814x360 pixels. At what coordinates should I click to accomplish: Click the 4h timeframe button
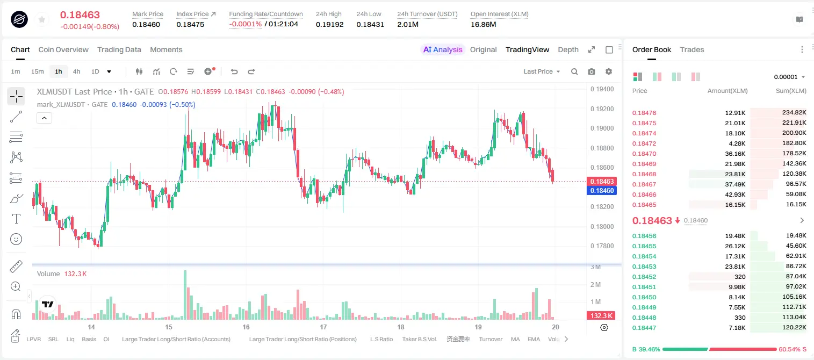(x=76, y=71)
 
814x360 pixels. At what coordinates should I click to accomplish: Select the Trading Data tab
(x=119, y=50)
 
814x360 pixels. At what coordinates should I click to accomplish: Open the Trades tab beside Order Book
(x=692, y=50)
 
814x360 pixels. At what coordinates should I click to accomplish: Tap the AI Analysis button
(x=443, y=50)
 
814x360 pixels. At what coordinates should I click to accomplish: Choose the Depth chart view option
(x=568, y=50)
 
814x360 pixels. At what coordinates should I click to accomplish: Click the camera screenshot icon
(x=592, y=71)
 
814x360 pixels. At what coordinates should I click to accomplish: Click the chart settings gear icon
(x=609, y=71)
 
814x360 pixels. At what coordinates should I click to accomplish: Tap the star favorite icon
(x=42, y=20)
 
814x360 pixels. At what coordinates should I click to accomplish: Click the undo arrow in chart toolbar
(x=234, y=71)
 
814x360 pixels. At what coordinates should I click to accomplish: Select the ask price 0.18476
(x=644, y=113)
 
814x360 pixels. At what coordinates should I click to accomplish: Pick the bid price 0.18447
(x=644, y=328)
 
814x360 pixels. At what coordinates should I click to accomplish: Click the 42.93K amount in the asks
(x=735, y=195)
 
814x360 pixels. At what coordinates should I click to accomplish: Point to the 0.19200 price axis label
(x=602, y=109)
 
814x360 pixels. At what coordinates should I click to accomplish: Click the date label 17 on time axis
(x=323, y=327)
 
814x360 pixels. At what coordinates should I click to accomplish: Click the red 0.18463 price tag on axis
(x=602, y=181)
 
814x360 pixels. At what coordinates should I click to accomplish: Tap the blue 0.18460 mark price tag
(x=602, y=191)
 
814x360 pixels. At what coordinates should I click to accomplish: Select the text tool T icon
(x=16, y=219)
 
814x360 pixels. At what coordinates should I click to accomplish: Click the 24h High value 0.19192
(x=329, y=24)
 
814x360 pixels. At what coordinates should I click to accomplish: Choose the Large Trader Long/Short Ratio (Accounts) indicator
(x=176, y=339)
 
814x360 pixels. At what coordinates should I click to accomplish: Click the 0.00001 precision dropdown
(x=789, y=77)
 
